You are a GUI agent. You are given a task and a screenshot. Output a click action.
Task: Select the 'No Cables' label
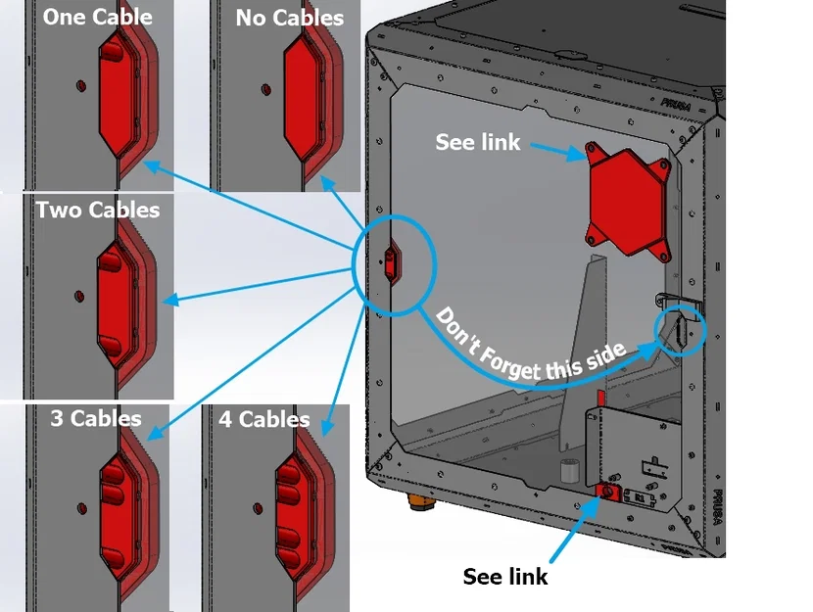(x=289, y=19)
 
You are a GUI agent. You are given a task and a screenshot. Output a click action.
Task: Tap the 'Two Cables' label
(x=97, y=210)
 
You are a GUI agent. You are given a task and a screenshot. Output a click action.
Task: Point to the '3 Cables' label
(x=95, y=419)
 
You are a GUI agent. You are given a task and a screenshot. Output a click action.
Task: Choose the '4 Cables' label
(x=263, y=419)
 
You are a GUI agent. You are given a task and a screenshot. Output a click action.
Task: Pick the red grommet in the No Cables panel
(x=306, y=94)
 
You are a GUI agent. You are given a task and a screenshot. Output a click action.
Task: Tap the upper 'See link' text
(x=478, y=142)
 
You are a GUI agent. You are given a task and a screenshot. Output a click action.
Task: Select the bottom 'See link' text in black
(x=504, y=577)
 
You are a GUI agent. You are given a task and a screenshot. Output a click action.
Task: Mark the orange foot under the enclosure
(x=423, y=502)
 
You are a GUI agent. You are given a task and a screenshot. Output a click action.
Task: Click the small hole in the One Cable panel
(x=78, y=85)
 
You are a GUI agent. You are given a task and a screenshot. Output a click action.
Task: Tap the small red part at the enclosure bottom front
(x=606, y=490)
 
